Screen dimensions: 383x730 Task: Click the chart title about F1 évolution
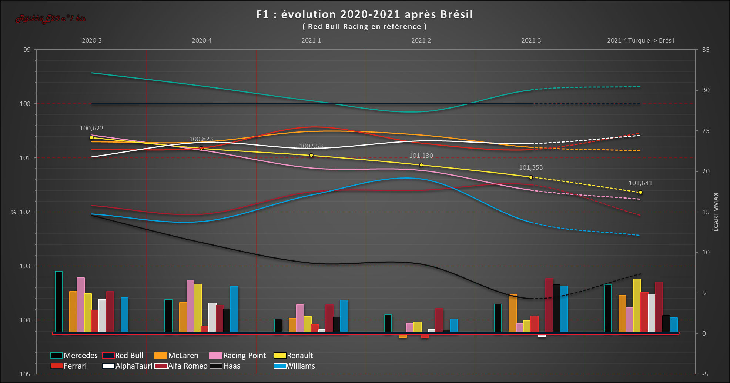364,14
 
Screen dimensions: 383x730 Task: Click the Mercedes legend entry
74,356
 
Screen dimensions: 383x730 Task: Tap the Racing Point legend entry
238,356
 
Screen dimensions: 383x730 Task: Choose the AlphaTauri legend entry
128,366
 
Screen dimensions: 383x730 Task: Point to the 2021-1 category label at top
311,40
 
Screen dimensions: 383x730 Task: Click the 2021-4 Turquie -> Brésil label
640,40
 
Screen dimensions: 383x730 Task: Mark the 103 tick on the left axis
25,266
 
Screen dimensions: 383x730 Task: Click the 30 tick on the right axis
706,90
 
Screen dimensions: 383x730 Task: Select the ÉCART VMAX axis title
716,212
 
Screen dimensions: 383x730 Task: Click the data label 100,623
91,128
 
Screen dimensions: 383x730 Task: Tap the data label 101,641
640,183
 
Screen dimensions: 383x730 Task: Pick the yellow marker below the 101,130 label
421,165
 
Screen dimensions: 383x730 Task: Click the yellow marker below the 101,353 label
531,177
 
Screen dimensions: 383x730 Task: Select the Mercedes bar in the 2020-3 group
58,301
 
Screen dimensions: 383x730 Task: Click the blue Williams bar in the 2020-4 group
234,309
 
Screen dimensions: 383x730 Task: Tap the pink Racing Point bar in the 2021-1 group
300,318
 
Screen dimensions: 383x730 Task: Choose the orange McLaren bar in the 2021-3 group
512,313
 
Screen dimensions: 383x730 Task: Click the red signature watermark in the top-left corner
50,19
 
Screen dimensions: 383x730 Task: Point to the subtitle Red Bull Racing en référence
364,27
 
